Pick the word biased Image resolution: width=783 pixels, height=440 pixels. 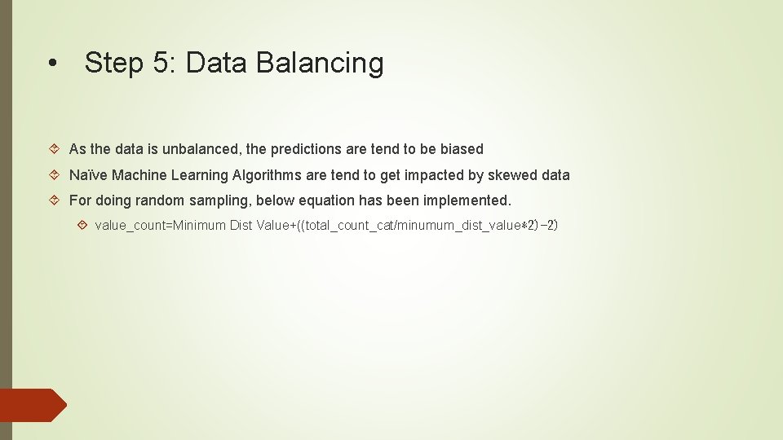pos(462,149)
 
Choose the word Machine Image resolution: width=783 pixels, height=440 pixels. pos(139,175)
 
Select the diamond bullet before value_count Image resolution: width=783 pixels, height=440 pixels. pos(82,225)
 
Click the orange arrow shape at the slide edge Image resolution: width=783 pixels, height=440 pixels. pos(33,406)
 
